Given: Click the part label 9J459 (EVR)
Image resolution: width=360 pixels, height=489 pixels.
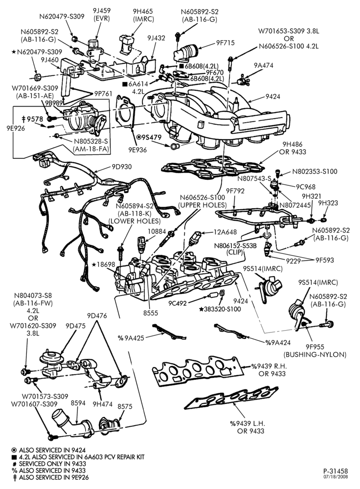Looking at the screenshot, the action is [x=102, y=15].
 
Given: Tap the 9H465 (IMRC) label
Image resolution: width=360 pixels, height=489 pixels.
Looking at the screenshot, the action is [x=143, y=15].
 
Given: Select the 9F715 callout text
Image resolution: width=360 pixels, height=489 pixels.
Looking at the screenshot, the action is [x=225, y=43].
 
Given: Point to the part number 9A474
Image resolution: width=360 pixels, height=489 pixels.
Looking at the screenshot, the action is [x=263, y=65].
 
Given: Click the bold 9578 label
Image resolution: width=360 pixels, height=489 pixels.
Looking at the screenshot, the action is [x=32, y=119].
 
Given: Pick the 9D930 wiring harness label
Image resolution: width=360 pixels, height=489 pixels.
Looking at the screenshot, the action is [x=122, y=167].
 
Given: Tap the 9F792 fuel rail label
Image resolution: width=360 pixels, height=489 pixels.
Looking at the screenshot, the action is [x=235, y=191].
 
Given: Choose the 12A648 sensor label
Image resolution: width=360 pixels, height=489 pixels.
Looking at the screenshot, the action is [x=225, y=232].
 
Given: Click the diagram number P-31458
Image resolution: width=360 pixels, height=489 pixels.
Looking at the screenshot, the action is [x=336, y=471].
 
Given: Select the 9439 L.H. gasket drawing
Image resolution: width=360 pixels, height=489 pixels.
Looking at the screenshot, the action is [x=231, y=397].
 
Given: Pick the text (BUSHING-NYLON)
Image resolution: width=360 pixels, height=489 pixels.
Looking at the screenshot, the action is [x=315, y=355].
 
